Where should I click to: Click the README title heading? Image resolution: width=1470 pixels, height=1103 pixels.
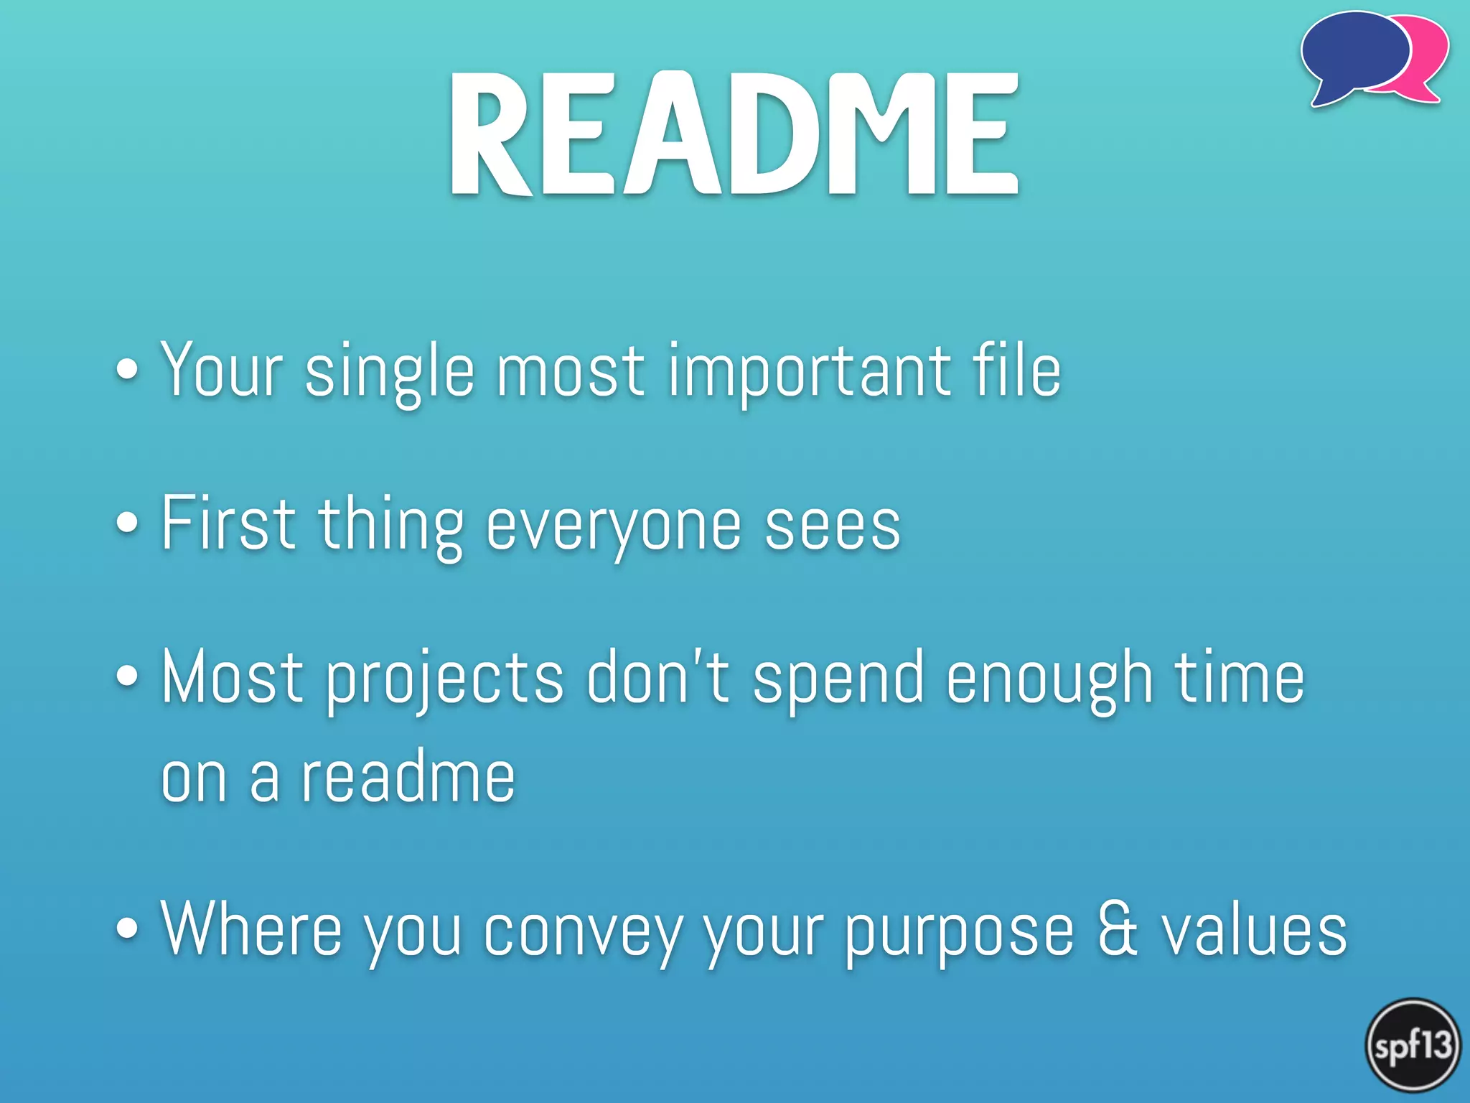(734, 135)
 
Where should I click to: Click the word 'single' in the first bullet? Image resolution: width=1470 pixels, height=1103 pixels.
(390, 371)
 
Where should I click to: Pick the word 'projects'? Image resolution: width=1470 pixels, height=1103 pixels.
(445, 679)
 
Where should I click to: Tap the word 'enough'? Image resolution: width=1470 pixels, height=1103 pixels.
(1049, 679)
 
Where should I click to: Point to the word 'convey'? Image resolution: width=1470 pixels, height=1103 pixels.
(583, 932)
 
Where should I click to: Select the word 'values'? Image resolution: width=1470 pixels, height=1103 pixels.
(1254, 931)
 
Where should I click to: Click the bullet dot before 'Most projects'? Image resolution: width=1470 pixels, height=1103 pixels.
(127, 676)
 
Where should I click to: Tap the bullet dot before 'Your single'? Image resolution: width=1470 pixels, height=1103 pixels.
(127, 369)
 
